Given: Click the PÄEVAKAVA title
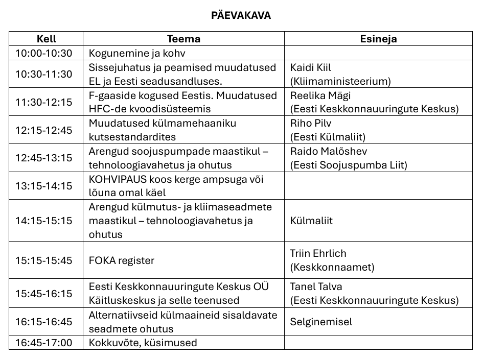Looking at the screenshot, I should click(241, 15).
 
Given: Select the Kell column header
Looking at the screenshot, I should click(46, 39).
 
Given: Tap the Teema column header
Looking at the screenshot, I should click(183, 39).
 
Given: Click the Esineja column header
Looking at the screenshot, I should click(378, 39).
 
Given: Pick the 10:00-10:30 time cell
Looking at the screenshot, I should click(44, 53).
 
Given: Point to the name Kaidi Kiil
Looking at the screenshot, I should click(311, 67).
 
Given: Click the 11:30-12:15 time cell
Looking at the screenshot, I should click(44, 102).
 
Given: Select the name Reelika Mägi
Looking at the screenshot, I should click(320, 95).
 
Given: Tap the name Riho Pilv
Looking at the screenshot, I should click(310, 123).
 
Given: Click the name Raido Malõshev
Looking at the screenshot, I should click(329, 151).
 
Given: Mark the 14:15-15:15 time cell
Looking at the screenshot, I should click(44, 221).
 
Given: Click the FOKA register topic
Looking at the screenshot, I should click(122, 260).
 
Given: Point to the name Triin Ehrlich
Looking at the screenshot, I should click(318, 254).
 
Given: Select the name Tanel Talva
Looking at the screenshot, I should click(316, 286).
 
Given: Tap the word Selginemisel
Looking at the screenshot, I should click(321, 322).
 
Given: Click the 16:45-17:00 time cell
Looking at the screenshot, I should click(44, 343).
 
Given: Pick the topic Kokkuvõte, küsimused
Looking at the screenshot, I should click(143, 343).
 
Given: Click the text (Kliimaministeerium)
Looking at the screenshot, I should click(340, 81).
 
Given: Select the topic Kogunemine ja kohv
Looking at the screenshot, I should click(136, 53).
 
